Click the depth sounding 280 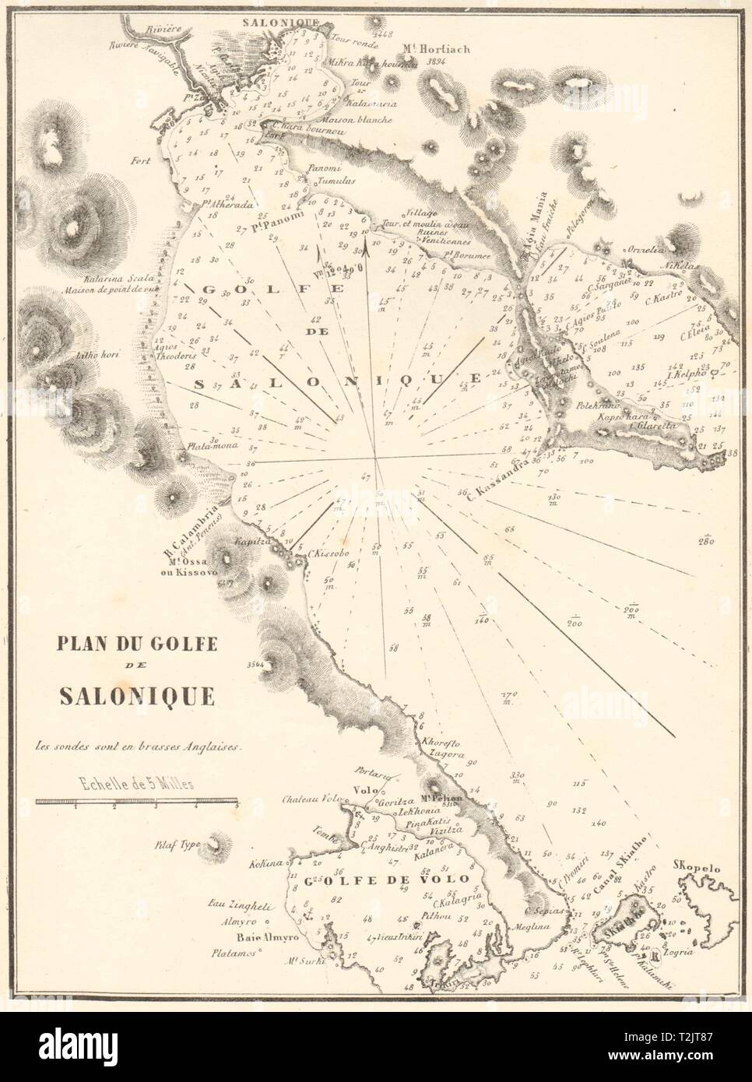(x=706, y=541)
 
